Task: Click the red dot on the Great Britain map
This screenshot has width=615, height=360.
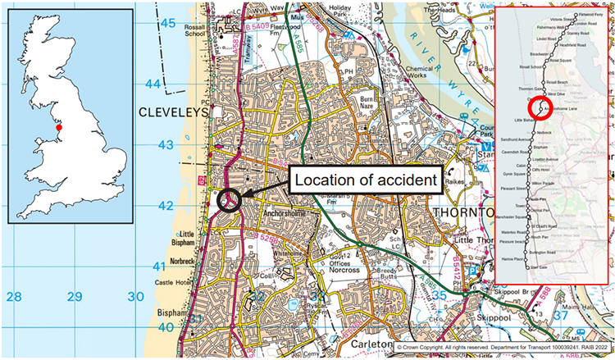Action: point(59,128)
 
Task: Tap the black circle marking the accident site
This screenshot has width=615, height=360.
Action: point(230,198)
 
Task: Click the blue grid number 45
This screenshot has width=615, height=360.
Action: point(167,24)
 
